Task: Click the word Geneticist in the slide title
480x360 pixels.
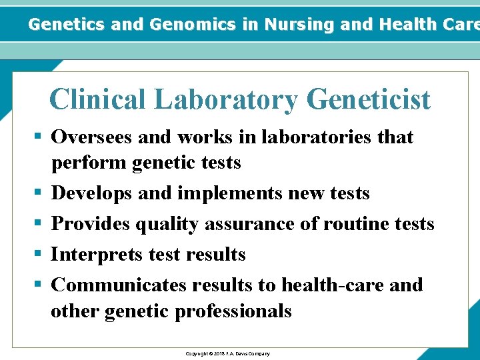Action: click(x=369, y=100)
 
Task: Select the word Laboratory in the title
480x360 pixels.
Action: click(x=227, y=100)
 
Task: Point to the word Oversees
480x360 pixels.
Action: click(x=92, y=137)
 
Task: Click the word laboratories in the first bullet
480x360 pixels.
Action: click(x=318, y=137)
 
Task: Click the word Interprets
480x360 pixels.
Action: click(x=94, y=255)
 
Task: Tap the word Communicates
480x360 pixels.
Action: click(x=119, y=285)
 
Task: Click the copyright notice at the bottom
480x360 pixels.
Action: click(x=228, y=353)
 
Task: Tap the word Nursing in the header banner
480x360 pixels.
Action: click(x=299, y=25)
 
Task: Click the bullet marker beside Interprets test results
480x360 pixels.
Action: click(x=38, y=254)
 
